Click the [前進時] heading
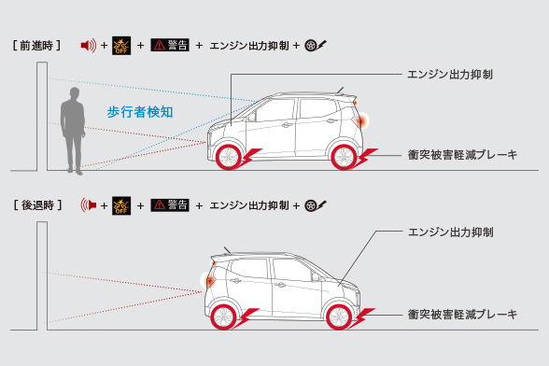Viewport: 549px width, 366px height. click(x=38, y=45)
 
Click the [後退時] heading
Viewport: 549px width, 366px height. click(x=38, y=204)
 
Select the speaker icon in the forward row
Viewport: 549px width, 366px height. click(x=89, y=45)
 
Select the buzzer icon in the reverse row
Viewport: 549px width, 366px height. click(x=89, y=204)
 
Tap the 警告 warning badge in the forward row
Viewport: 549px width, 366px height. click(x=170, y=45)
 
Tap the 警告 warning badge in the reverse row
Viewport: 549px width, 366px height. click(x=170, y=204)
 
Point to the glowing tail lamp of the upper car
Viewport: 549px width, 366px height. click(x=361, y=120)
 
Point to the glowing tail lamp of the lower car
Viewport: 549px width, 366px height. click(x=209, y=277)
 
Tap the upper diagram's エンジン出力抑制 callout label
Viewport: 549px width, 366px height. click(x=451, y=72)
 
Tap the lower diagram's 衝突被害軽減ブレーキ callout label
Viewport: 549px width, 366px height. click(x=462, y=315)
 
